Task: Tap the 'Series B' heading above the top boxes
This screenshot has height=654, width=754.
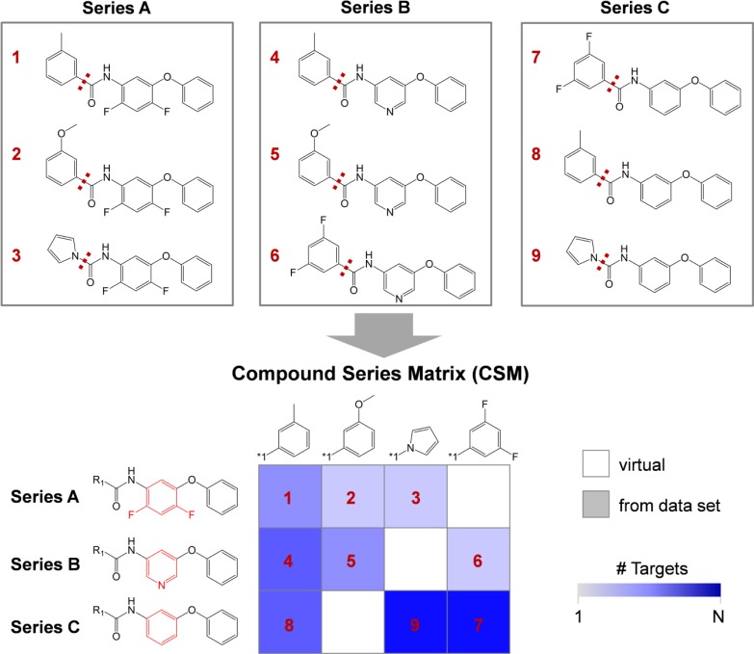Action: tap(375, 9)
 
